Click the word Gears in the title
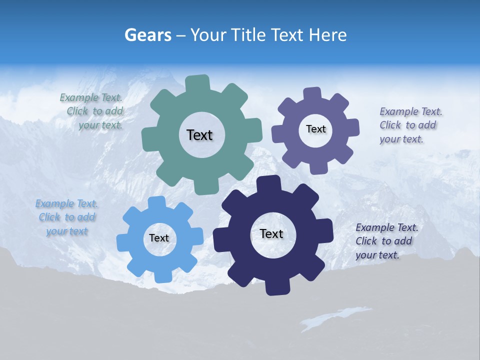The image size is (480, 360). (x=147, y=35)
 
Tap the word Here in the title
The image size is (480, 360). (x=328, y=35)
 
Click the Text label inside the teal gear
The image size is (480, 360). (x=199, y=135)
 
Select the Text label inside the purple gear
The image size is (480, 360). (x=315, y=129)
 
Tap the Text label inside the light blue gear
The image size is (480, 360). (x=159, y=238)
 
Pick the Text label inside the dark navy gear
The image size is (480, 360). (x=271, y=233)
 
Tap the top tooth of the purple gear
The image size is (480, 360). (x=312, y=94)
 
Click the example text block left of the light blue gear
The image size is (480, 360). (x=67, y=217)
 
